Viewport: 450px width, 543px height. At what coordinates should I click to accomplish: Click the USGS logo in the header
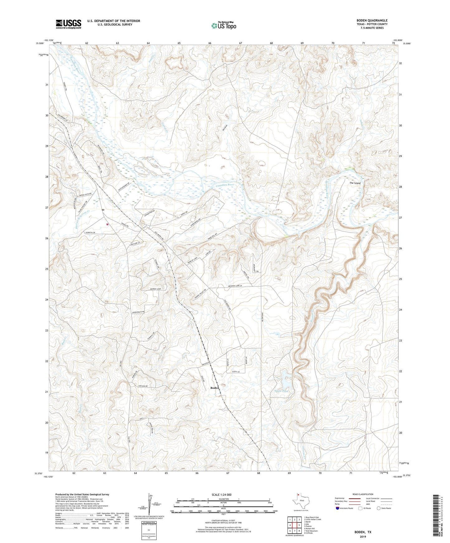[69, 24]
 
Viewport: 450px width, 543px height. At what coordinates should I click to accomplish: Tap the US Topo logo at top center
[224, 25]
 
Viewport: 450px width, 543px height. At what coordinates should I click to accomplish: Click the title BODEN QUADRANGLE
[372, 21]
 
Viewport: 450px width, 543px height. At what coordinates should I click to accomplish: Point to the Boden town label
[215, 388]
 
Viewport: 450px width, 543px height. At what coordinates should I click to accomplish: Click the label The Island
[355, 183]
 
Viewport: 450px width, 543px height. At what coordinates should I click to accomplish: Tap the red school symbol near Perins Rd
[107, 224]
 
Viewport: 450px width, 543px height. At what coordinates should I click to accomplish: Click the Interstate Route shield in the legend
[338, 508]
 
